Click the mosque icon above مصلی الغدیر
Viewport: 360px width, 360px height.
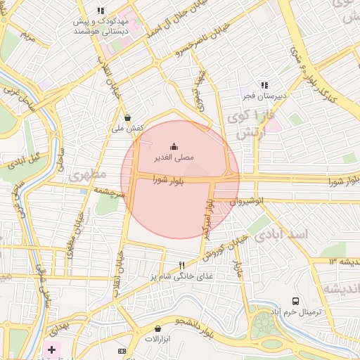pos(174,146)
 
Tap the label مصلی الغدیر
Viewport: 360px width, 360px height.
pos(174,158)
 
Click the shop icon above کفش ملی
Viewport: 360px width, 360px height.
pos(127,117)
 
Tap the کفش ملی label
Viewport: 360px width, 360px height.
pos(128,129)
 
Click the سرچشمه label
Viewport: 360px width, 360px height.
pos(108,191)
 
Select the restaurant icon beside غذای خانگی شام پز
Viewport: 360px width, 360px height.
pos(182,265)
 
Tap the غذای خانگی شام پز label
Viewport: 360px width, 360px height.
pos(172,277)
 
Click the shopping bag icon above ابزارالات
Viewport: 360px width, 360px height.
pos(157,328)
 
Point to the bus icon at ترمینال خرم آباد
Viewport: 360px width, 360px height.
pos(296,300)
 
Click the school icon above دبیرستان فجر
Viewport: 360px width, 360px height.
pos(264,84)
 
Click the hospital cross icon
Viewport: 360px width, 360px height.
pos(51,349)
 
